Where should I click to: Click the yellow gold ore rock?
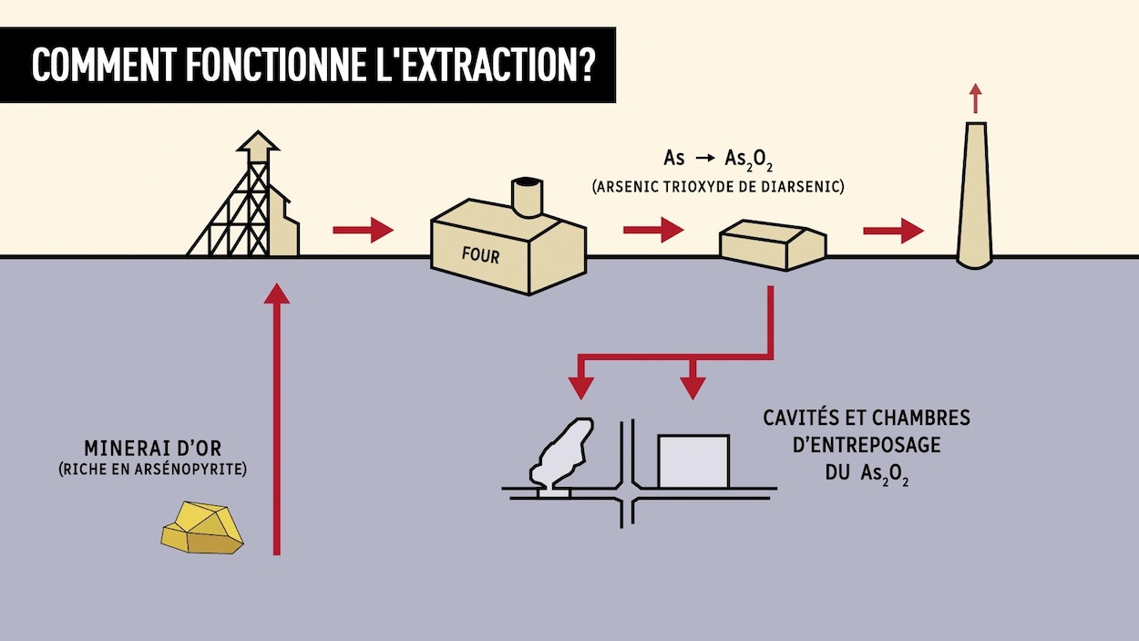pyautogui.click(x=202, y=528)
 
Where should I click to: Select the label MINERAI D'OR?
pyautogui.click(x=152, y=449)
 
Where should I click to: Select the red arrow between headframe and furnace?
pyautogui.click(x=362, y=230)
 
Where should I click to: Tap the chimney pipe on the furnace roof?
pyautogui.click(x=526, y=196)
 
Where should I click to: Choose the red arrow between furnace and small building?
pyautogui.click(x=652, y=230)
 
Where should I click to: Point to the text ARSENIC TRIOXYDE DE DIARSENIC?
pyautogui.click(x=718, y=187)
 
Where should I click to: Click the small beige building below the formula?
pyautogui.click(x=772, y=243)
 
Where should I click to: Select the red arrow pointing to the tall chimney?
pyautogui.click(x=893, y=230)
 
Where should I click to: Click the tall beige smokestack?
pyautogui.click(x=974, y=201)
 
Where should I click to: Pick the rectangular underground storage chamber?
pyautogui.click(x=693, y=461)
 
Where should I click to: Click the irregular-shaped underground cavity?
pyautogui.click(x=562, y=450)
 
